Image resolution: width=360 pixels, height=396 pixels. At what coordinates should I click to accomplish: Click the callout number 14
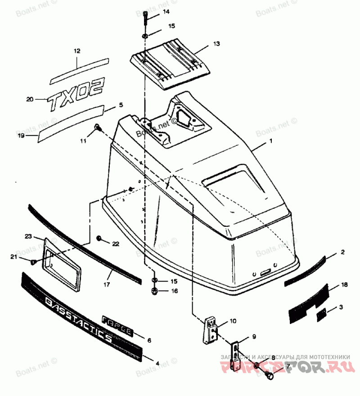(x=154, y=11)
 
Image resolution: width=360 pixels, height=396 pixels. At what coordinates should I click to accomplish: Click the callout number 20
(x=30, y=99)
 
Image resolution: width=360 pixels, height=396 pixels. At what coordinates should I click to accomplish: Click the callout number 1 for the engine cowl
(x=271, y=141)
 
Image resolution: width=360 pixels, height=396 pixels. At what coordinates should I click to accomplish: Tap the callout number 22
(x=116, y=243)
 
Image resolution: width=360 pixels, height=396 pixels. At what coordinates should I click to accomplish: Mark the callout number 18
(x=344, y=285)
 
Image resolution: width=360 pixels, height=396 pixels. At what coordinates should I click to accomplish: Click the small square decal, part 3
(x=322, y=315)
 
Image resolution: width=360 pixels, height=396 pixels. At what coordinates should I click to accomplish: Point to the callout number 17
(x=107, y=284)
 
